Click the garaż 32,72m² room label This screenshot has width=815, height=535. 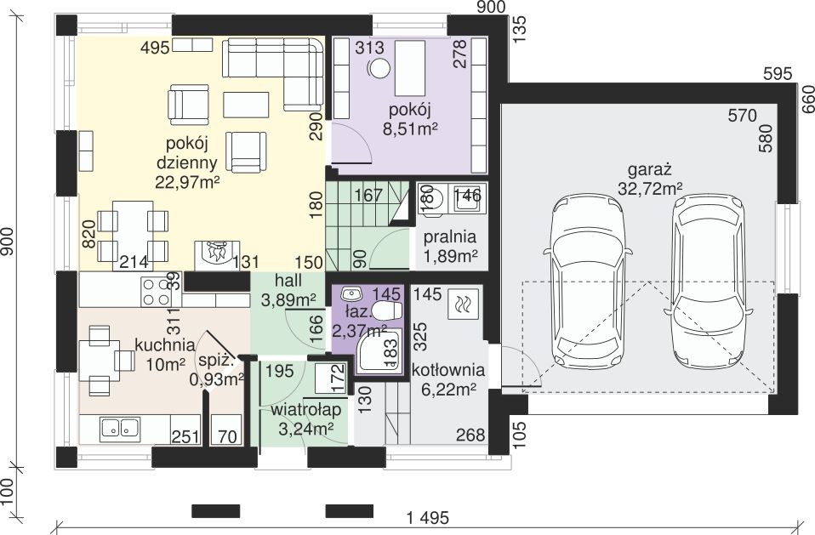pyautogui.click(x=650, y=179)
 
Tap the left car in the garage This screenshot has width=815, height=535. pyautogui.click(x=589, y=281)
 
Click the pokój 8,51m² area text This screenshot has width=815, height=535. pyautogui.click(x=409, y=119)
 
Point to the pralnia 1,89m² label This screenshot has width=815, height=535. pyautogui.click(x=450, y=246)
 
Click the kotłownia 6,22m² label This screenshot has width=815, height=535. pyautogui.click(x=448, y=379)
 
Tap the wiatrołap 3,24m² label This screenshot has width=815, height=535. pyautogui.click(x=305, y=418)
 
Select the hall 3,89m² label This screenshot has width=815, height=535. pyautogui.click(x=288, y=290)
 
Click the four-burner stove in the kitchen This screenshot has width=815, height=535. pyautogui.click(x=157, y=293)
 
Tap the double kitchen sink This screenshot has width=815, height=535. pyautogui.click(x=120, y=428)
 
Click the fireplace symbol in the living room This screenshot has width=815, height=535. pyautogui.click(x=217, y=255)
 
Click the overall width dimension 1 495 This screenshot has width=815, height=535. pyautogui.click(x=427, y=518)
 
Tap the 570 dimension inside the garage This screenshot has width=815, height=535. pyautogui.click(x=742, y=116)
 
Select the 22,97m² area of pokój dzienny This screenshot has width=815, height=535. pyautogui.click(x=186, y=182)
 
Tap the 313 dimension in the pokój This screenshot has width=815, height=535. pyautogui.click(x=369, y=48)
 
